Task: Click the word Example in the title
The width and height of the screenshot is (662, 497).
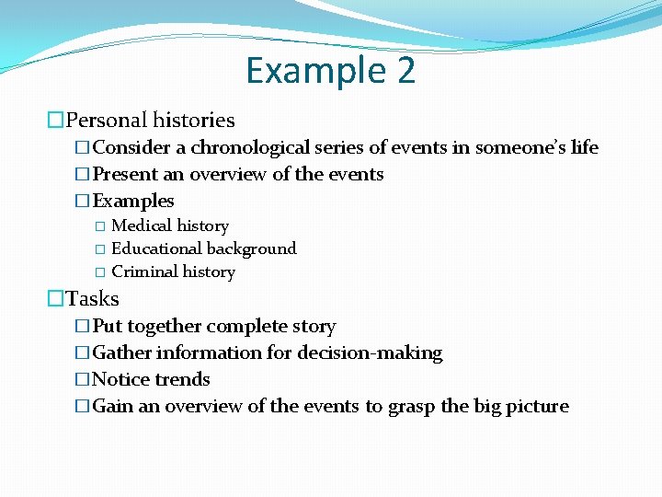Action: click(x=313, y=71)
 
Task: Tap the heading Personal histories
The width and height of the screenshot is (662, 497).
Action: click(x=151, y=120)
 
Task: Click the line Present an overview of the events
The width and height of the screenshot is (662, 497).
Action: click(x=238, y=174)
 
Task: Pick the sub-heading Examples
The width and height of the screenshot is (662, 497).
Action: click(x=133, y=201)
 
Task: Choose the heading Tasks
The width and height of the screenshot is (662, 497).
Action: click(x=93, y=298)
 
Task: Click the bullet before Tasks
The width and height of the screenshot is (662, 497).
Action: click(x=56, y=298)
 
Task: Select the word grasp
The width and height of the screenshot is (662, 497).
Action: click(x=411, y=406)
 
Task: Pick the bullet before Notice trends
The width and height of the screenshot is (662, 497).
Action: click(x=83, y=379)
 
